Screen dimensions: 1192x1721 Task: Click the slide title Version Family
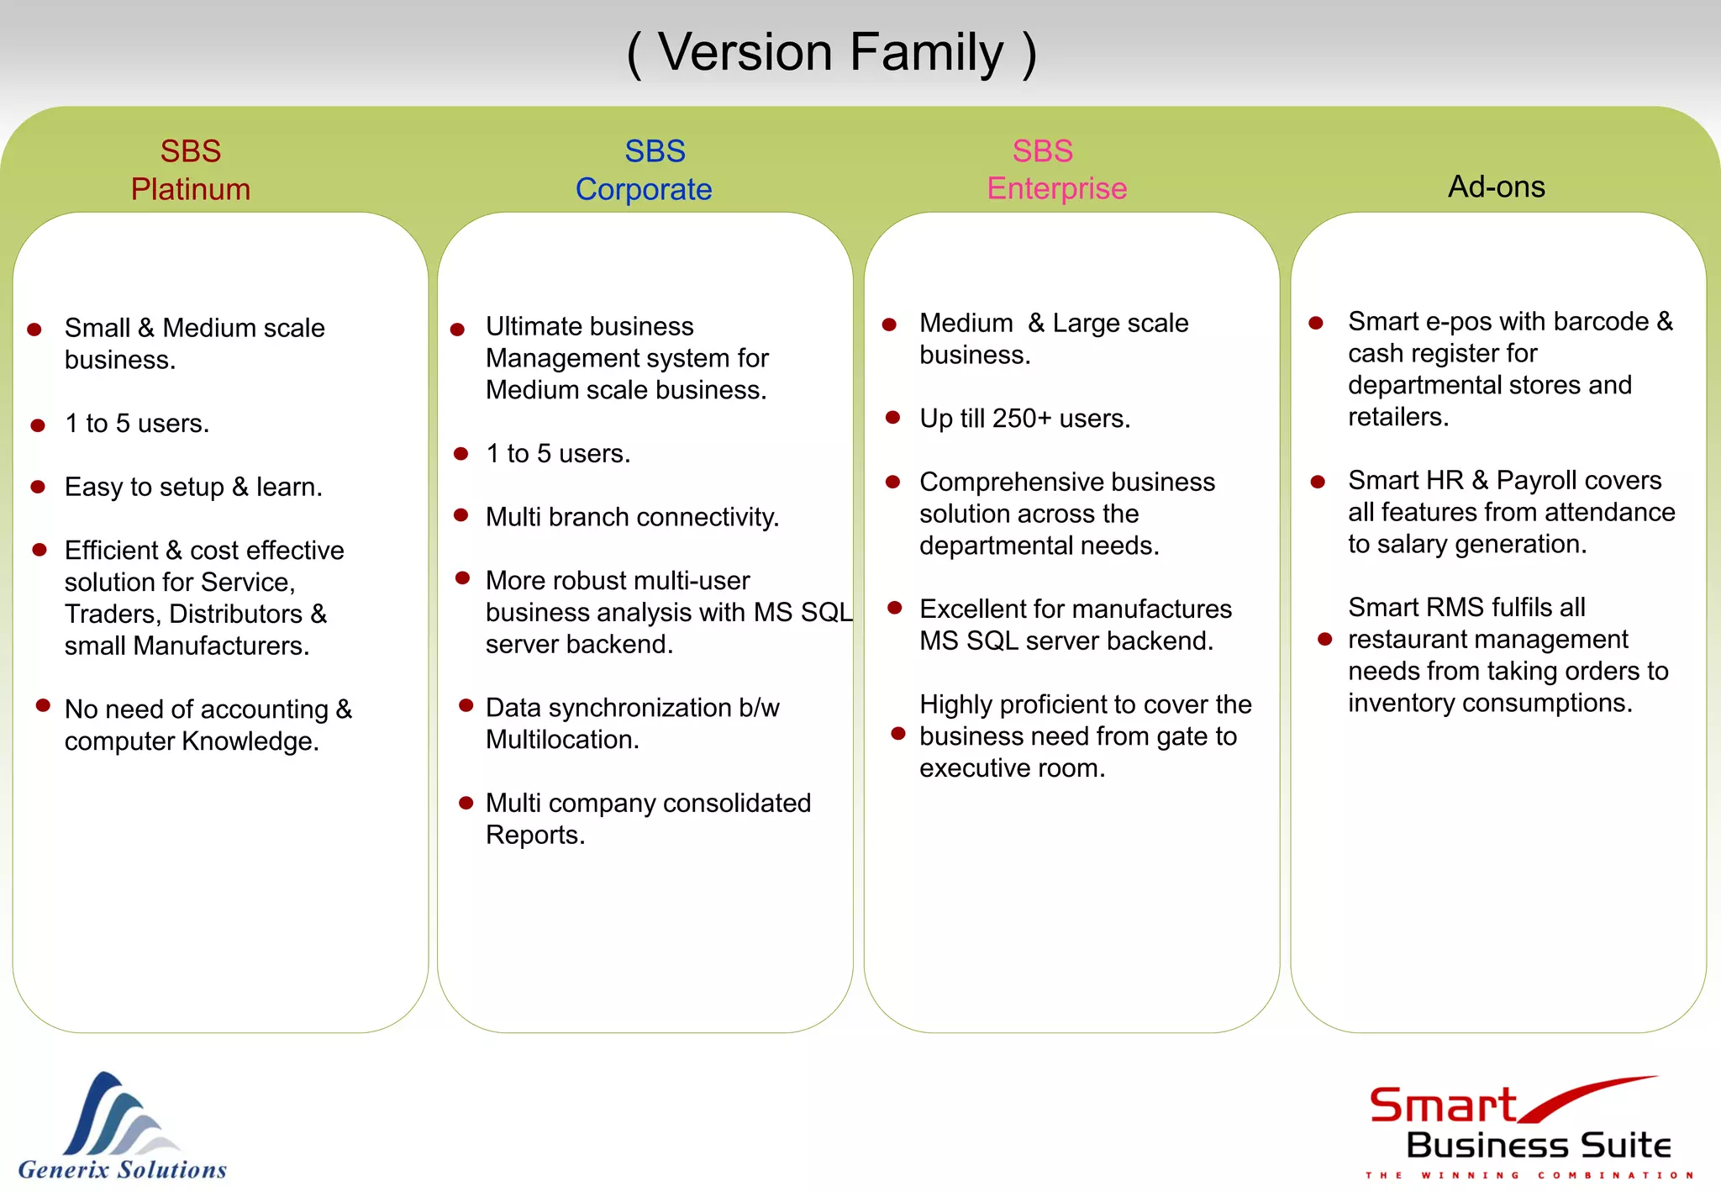832,52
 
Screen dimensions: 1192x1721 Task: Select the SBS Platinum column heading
191,170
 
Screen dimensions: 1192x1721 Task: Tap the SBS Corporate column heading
645,170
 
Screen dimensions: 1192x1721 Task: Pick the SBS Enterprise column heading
1056,170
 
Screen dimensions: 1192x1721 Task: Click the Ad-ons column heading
1496,187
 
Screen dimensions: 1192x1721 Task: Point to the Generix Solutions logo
123,1126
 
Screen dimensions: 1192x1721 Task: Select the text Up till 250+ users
1024,418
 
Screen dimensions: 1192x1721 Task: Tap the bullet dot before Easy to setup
38,487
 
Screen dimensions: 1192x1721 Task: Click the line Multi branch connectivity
632,517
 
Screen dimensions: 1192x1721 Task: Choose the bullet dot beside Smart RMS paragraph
1325,640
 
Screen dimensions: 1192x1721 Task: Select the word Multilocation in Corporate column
562,740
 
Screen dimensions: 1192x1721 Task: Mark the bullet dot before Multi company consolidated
466,803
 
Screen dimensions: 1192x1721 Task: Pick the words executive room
1012,768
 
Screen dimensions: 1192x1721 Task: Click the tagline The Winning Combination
1529,1175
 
